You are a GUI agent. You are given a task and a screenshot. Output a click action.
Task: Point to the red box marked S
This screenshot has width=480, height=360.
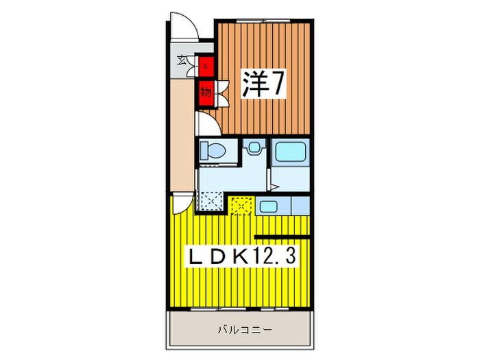tap(206, 67)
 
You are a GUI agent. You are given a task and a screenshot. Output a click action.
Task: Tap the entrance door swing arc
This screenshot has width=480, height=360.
tap(184, 26)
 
